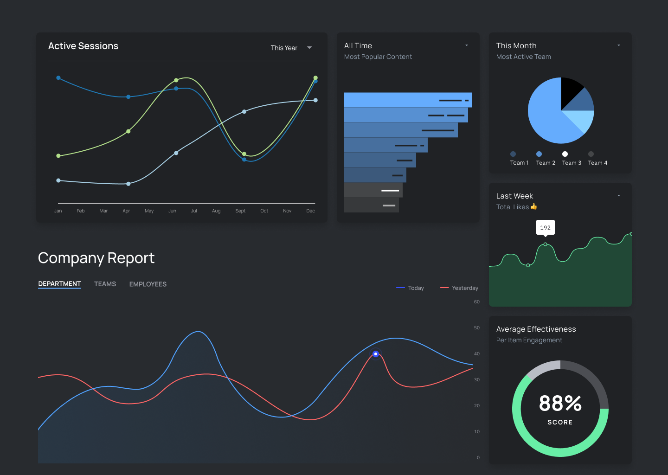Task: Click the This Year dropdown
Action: click(x=291, y=48)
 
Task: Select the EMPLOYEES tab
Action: click(x=148, y=284)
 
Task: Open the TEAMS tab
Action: click(x=105, y=284)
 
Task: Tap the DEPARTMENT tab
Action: click(x=59, y=284)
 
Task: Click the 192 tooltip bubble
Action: click(x=545, y=227)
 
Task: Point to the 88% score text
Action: click(x=560, y=403)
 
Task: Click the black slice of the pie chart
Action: click(x=570, y=90)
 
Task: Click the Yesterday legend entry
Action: click(x=459, y=288)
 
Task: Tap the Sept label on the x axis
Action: click(x=240, y=211)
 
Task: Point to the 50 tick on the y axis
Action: click(x=476, y=328)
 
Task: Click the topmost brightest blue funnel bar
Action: click(x=408, y=100)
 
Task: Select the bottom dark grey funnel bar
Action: click(x=371, y=205)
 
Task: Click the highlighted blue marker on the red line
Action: click(x=376, y=354)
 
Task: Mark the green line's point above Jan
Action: click(x=58, y=156)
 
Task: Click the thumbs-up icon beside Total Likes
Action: click(x=534, y=206)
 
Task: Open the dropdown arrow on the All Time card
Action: click(x=467, y=45)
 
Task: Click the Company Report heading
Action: click(x=96, y=258)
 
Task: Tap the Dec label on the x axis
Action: click(x=310, y=211)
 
